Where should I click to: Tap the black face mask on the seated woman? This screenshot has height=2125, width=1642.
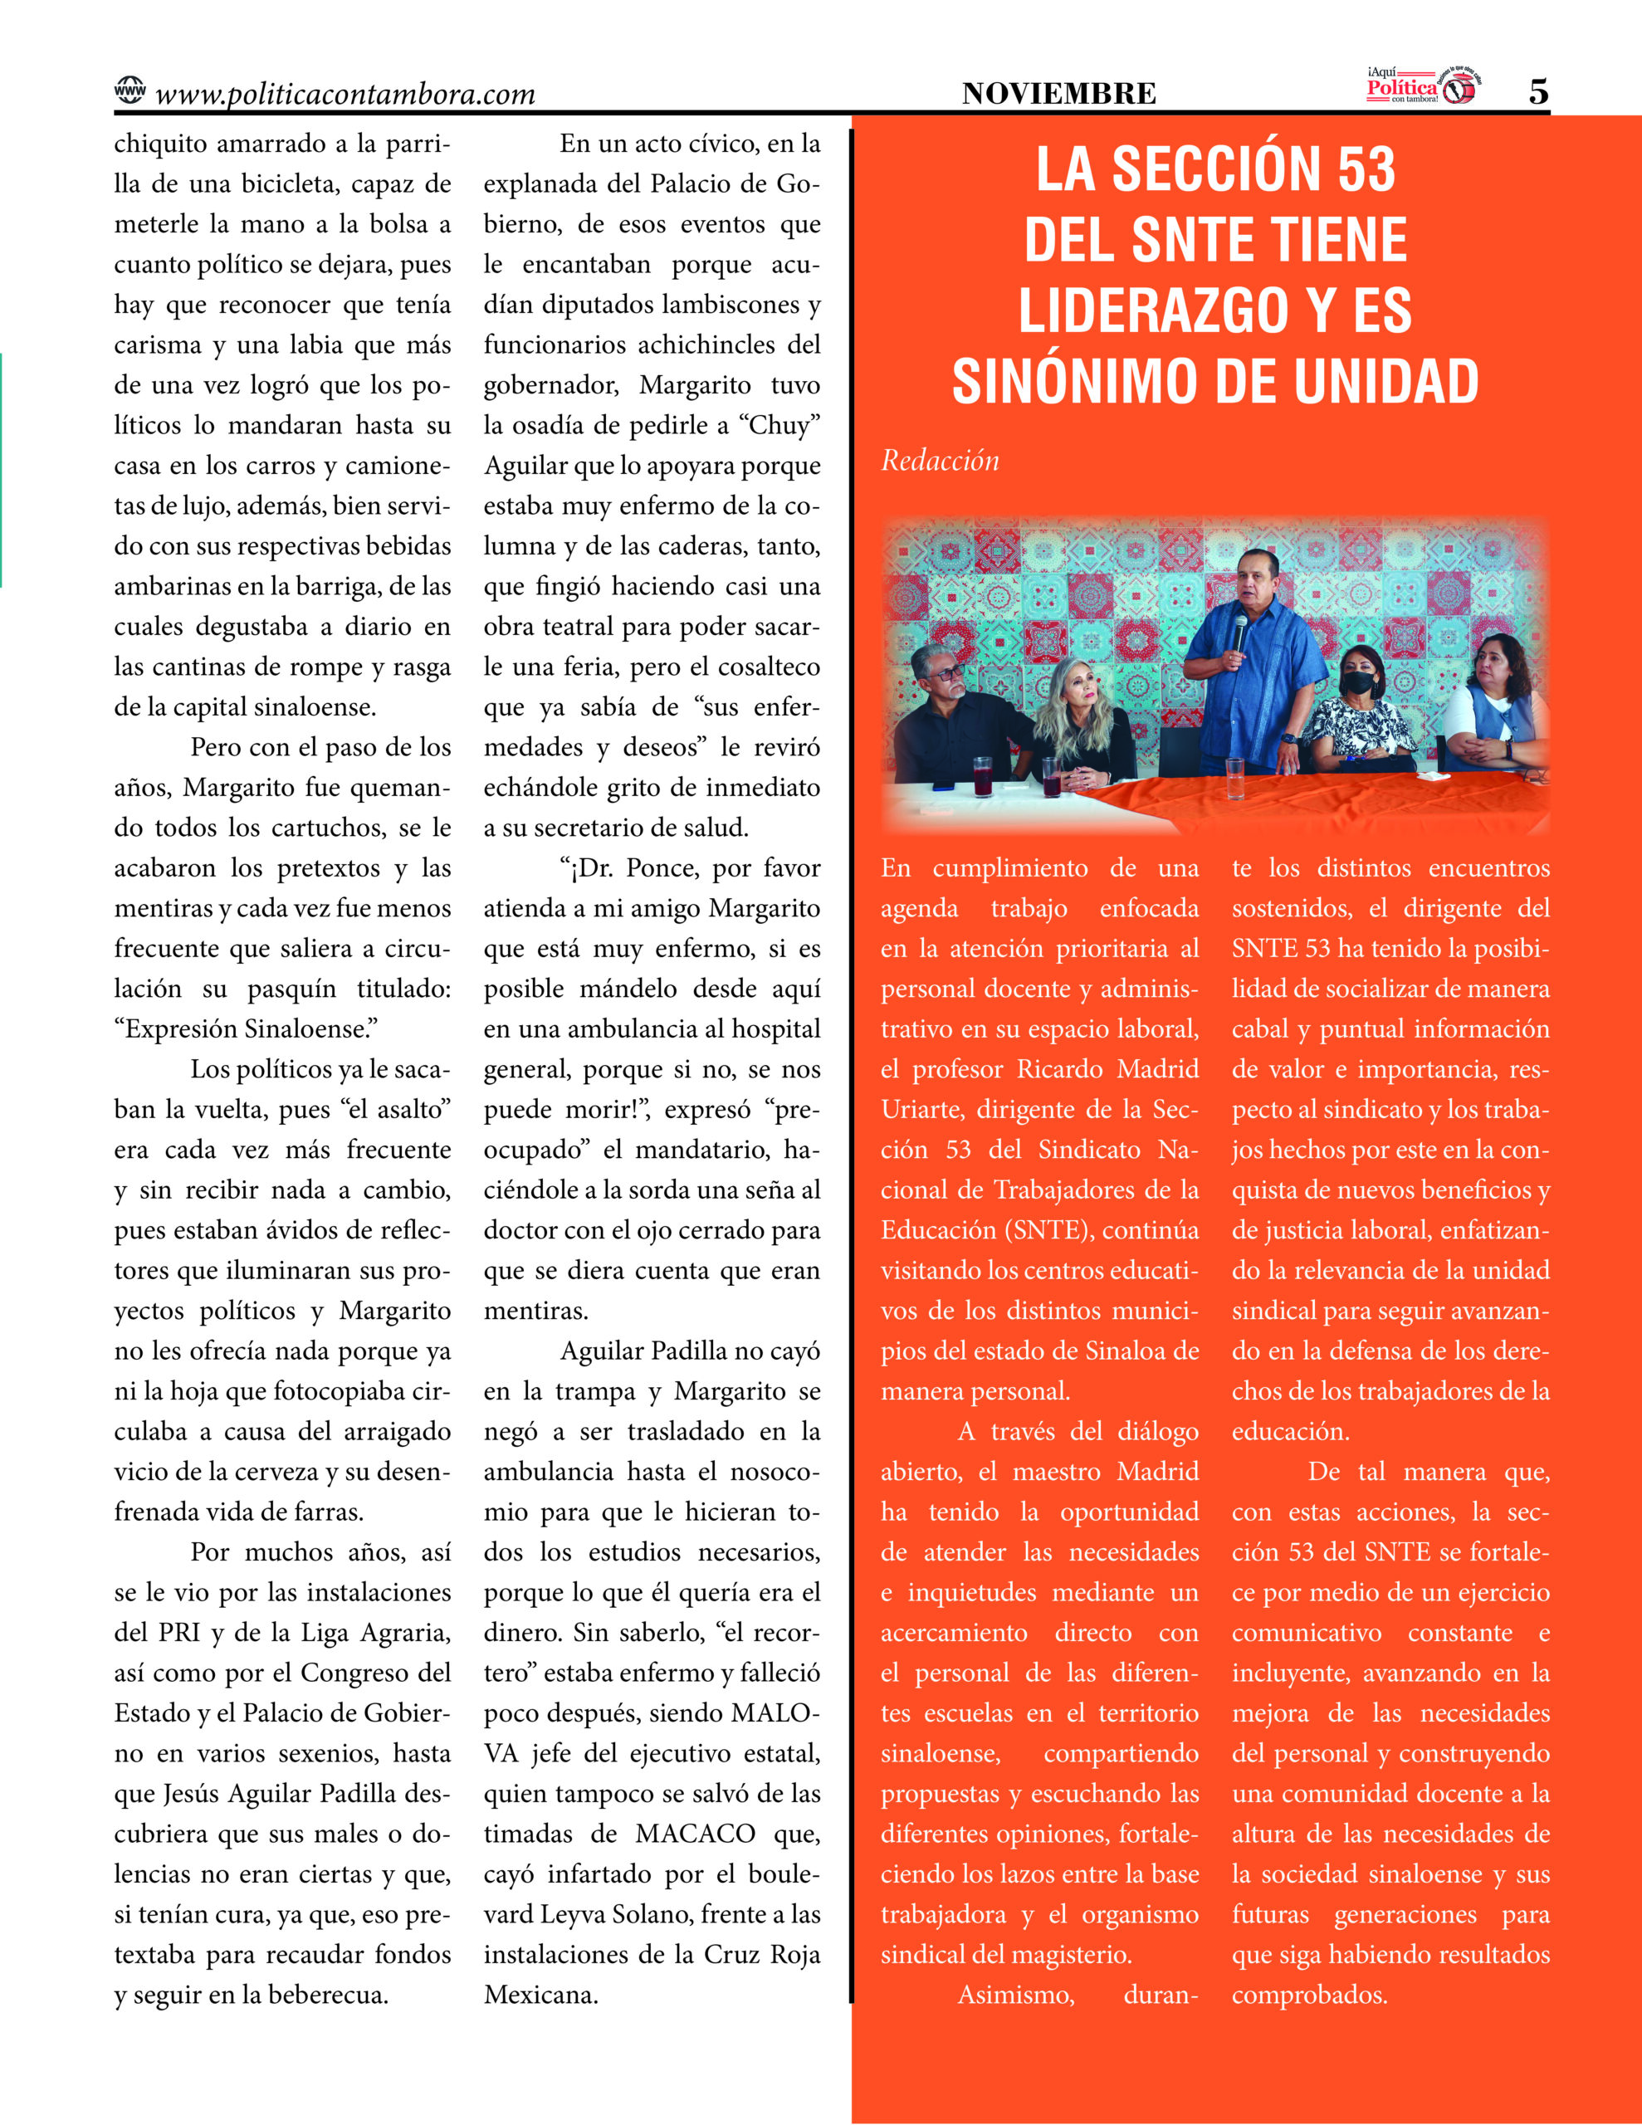pyautogui.click(x=1359, y=682)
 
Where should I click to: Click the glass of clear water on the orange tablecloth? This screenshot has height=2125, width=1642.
pyautogui.click(x=1235, y=779)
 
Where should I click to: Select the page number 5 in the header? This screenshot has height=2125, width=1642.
pyautogui.click(x=1538, y=91)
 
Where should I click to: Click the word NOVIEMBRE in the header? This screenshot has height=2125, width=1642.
pyautogui.click(x=1059, y=94)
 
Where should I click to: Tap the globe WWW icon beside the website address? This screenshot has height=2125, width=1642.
pyautogui.click(x=130, y=90)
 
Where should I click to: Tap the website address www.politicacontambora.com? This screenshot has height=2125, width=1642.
pyautogui.click(x=345, y=95)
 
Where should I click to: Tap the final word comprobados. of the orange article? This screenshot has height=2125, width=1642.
pyautogui.click(x=1309, y=1995)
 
